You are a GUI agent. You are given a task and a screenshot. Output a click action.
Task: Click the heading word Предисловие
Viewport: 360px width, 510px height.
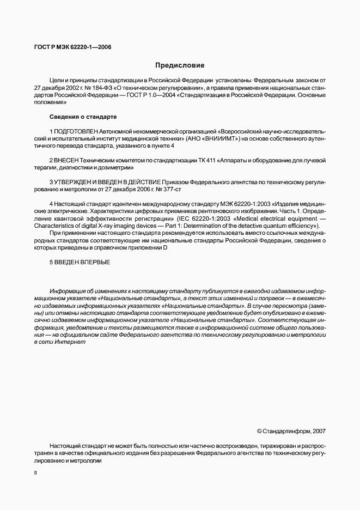tap(180, 65)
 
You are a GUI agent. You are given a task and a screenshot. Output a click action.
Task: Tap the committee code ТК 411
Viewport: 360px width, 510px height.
tap(207, 160)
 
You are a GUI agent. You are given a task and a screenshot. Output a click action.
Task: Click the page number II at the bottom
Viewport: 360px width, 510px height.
tap(35, 473)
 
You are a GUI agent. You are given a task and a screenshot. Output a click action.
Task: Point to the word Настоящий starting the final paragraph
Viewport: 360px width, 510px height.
tap(64, 445)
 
